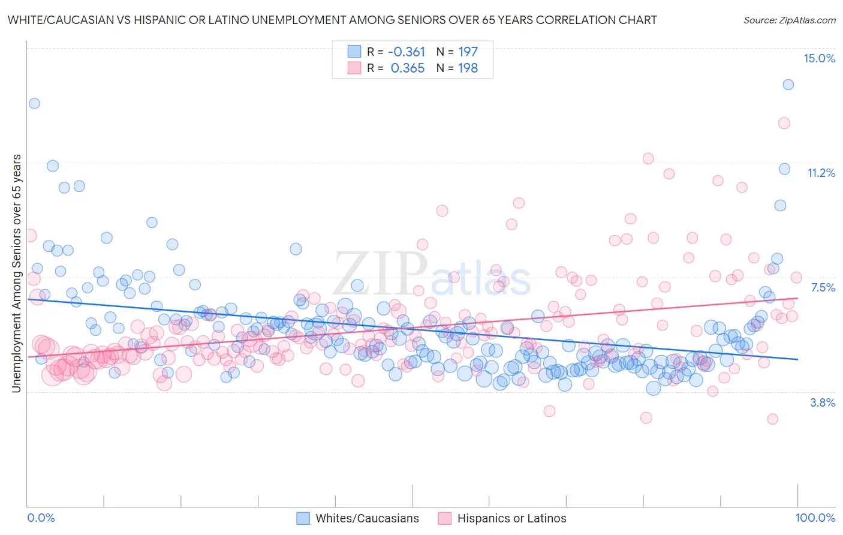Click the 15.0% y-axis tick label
(x=819, y=58)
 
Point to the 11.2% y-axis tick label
(x=821, y=173)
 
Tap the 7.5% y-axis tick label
(x=823, y=287)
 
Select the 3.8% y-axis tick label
(x=823, y=402)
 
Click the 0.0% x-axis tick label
(x=41, y=518)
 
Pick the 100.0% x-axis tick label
(x=815, y=518)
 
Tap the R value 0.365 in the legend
(x=408, y=68)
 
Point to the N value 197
(x=468, y=52)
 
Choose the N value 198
(x=468, y=68)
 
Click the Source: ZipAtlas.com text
(x=789, y=20)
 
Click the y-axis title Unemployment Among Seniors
(x=16, y=273)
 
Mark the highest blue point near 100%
(x=788, y=85)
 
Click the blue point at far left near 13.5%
(x=34, y=103)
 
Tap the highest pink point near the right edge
(x=784, y=123)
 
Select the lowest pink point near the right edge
(x=772, y=419)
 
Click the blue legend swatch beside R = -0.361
(x=354, y=52)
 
